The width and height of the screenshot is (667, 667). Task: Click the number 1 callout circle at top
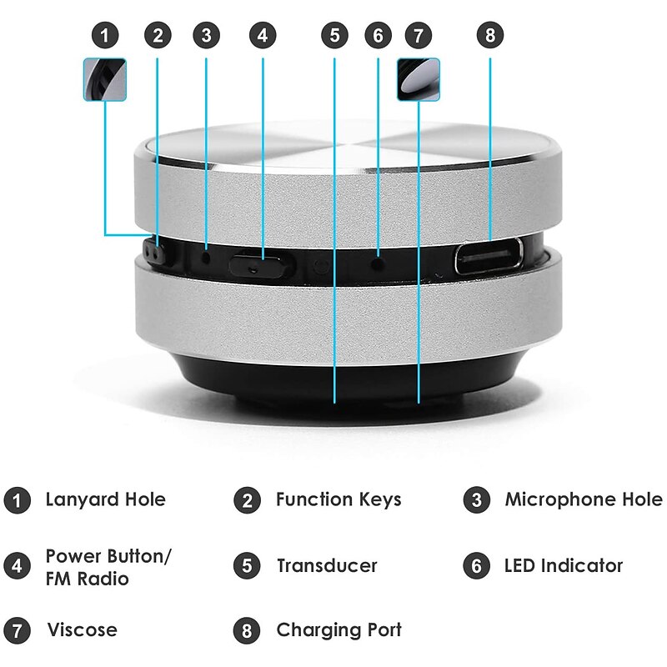point(104,35)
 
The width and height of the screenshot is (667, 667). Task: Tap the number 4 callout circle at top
point(263,35)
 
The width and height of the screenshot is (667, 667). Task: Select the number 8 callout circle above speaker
point(490,35)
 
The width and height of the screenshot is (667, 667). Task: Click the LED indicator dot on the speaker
point(378,261)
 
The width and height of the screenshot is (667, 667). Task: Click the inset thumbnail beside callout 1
point(105,80)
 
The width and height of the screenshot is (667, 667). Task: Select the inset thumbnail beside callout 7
point(419,80)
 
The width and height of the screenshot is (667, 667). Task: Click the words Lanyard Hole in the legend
point(105,500)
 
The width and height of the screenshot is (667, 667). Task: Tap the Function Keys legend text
point(339,500)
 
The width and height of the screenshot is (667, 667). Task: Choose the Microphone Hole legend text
point(583,500)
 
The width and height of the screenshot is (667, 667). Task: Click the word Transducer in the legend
point(327,565)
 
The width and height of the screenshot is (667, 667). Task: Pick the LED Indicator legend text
point(564,565)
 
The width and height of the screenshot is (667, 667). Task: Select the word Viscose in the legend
point(82,629)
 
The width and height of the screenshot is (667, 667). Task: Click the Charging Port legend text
point(339,629)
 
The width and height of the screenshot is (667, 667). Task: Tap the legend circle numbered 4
point(16,566)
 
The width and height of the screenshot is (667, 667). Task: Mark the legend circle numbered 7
point(16,630)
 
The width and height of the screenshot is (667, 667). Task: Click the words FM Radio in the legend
point(87,578)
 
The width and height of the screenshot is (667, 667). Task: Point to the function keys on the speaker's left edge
point(150,250)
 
